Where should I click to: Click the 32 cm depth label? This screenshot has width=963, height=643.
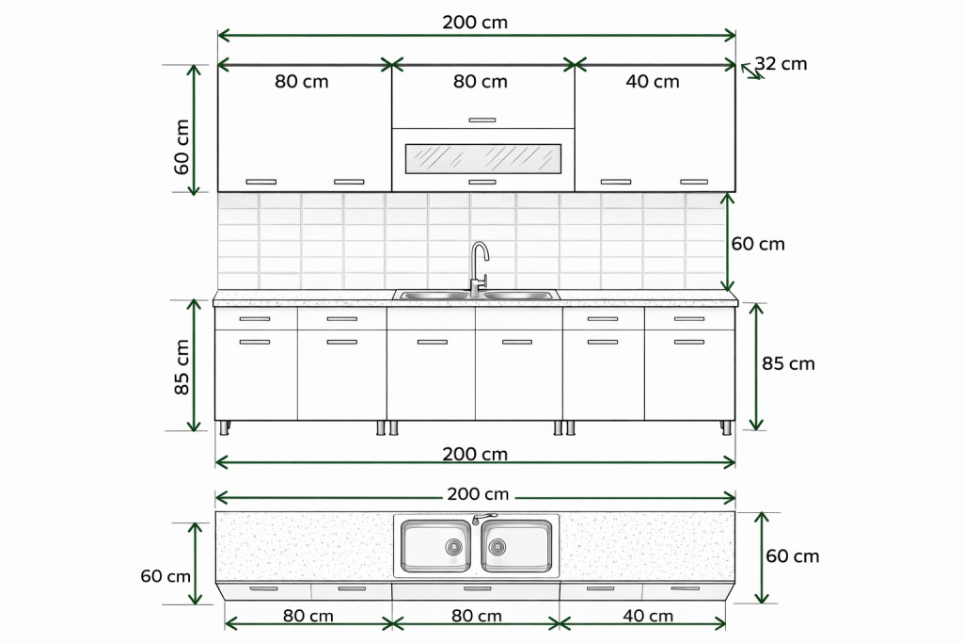click(x=781, y=63)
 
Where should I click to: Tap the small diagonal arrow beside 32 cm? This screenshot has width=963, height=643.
click(x=752, y=72)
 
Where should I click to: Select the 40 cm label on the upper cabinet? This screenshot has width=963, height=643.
click(x=653, y=81)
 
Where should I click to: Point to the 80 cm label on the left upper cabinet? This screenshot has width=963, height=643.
click(x=302, y=81)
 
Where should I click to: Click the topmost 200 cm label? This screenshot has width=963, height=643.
click(x=475, y=23)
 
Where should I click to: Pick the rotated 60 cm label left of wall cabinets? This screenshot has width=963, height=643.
click(x=182, y=147)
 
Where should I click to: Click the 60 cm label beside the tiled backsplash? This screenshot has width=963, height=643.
click(x=758, y=244)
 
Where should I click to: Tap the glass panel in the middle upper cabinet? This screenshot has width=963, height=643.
click(x=483, y=158)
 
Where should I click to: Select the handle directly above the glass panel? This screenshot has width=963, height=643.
click(x=482, y=120)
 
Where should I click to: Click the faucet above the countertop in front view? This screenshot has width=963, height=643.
click(x=479, y=268)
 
